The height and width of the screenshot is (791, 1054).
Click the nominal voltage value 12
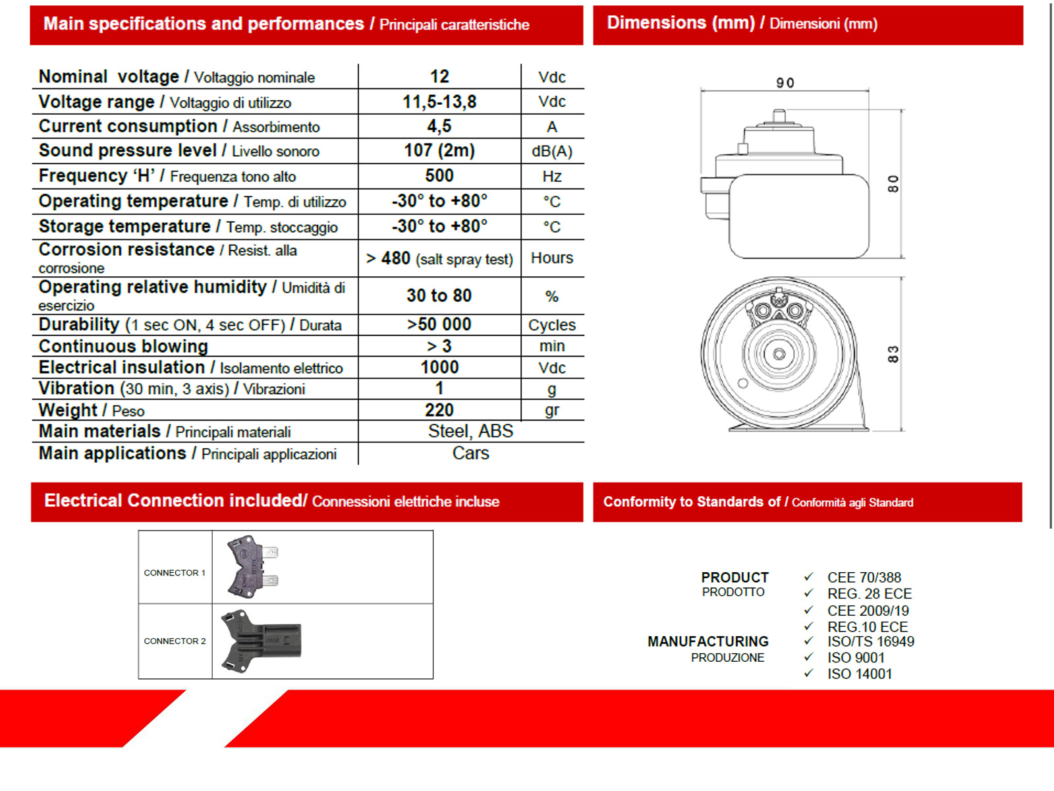click(x=439, y=76)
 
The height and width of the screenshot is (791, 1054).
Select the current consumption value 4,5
click(x=439, y=126)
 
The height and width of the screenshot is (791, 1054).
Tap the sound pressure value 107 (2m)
click(x=439, y=150)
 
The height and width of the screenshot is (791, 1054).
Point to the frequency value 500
click(x=439, y=175)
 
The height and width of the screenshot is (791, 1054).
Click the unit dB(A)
click(x=552, y=151)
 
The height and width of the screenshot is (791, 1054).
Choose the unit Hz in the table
click(x=552, y=176)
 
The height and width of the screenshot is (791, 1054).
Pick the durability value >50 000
click(x=439, y=324)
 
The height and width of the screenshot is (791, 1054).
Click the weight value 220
click(x=439, y=410)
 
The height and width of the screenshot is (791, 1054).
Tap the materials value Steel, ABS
click(x=470, y=431)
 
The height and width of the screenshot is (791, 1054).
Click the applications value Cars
click(x=470, y=453)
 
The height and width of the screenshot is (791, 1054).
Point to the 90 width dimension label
click(x=785, y=83)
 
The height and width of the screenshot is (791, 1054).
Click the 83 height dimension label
click(x=893, y=354)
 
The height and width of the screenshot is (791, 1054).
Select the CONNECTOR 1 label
click(x=175, y=573)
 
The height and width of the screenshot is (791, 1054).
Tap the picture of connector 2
click(x=262, y=641)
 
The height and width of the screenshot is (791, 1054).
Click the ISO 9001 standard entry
click(x=856, y=657)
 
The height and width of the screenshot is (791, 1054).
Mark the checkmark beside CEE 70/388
click(x=808, y=577)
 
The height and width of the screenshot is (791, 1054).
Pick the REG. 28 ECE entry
click(x=870, y=593)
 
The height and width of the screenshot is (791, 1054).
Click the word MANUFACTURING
click(x=707, y=641)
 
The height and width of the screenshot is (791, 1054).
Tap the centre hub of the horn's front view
click(x=779, y=354)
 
